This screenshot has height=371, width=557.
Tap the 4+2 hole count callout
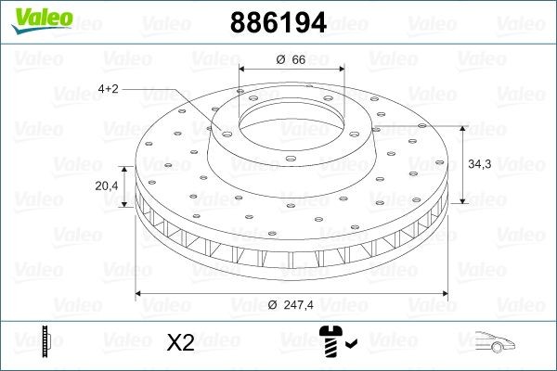pos(109,89)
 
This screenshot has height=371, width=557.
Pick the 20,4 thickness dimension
pos(108,185)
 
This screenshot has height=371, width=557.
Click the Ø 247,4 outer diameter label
pos(291,304)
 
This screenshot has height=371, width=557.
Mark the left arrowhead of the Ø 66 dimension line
pos(243,70)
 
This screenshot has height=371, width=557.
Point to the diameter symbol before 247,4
pos(273,304)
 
